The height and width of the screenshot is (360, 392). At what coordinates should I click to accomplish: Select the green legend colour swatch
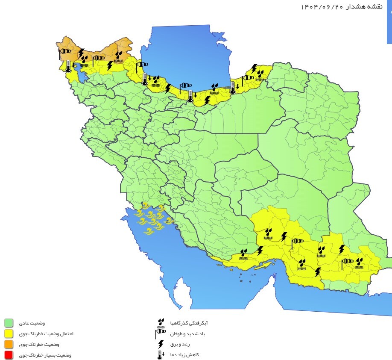[x=9, y=323]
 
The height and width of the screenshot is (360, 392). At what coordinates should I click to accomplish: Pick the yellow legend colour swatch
[x=9, y=333]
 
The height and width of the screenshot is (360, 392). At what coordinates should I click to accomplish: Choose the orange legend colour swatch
[x=9, y=344]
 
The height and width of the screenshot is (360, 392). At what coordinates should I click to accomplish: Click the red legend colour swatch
[x=9, y=355]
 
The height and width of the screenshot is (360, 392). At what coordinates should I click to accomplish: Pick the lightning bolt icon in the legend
[x=161, y=344]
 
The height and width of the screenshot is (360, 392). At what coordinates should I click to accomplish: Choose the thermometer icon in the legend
[x=160, y=354]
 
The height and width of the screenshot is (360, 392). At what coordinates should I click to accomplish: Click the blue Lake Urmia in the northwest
[x=82, y=75]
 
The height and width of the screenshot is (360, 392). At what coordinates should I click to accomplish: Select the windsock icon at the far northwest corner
[x=64, y=52]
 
